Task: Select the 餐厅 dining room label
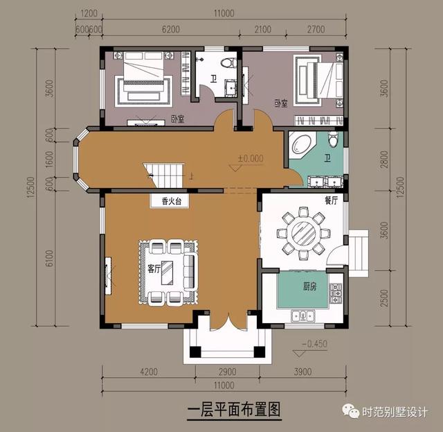pyautogui.click(x=331, y=200)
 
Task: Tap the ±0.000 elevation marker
pyautogui.click(x=251, y=158)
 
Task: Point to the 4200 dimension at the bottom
pyautogui.click(x=148, y=371)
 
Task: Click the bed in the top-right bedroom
pyautogui.click(x=317, y=79)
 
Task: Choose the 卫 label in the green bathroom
pyautogui.click(x=327, y=159)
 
